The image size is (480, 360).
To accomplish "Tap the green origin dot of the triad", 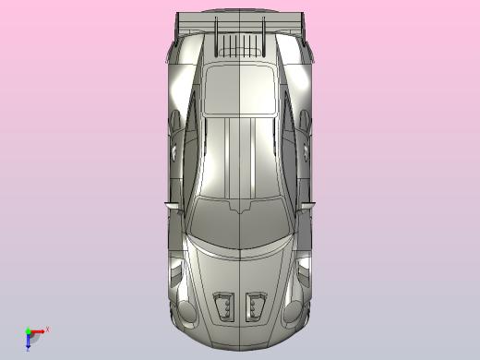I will point(29,330).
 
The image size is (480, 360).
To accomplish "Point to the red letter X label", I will point(47,328).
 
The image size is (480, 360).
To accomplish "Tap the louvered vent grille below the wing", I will point(240,44).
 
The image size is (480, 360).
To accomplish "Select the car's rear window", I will point(239,88).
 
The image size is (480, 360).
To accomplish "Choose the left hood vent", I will point(224,304).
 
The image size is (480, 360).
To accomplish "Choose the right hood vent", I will point(256,304).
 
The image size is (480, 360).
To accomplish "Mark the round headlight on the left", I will point(187,311).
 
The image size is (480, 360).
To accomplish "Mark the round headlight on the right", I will point(293,311).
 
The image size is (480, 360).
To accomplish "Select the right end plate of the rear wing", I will point(302,27).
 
